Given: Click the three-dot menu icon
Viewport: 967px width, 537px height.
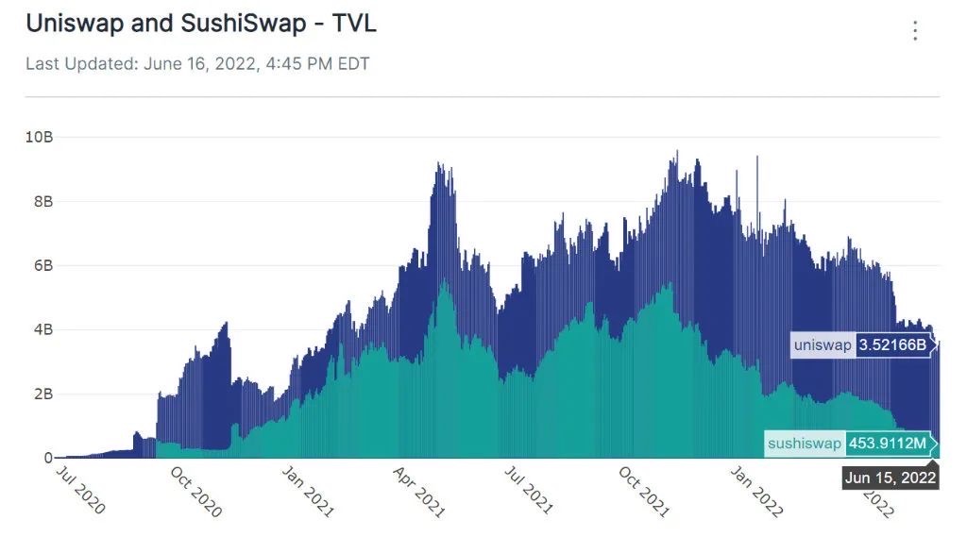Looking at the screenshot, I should click(x=914, y=31).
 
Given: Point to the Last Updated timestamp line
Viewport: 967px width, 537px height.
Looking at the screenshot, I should click(x=197, y=64).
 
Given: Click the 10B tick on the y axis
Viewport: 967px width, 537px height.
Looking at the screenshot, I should click(x=40, y=138).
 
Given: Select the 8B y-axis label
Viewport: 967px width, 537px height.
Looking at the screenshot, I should click(x=43, y=202).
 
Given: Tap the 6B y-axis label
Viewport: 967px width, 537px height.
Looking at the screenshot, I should click(x=43, y=266).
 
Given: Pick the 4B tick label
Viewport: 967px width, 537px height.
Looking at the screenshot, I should click(x=43, y=330).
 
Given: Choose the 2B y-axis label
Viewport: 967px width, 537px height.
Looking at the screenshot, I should click(x=43, y=394).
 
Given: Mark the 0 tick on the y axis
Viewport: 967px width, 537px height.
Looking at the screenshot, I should click(x=48, y=459).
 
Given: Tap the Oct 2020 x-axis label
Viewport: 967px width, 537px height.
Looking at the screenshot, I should click(x=196, y=491).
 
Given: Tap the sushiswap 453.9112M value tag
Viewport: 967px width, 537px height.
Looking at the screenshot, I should click(x=849, y=443).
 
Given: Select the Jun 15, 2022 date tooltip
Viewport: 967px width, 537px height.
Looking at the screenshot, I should click(x=890, y=478).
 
